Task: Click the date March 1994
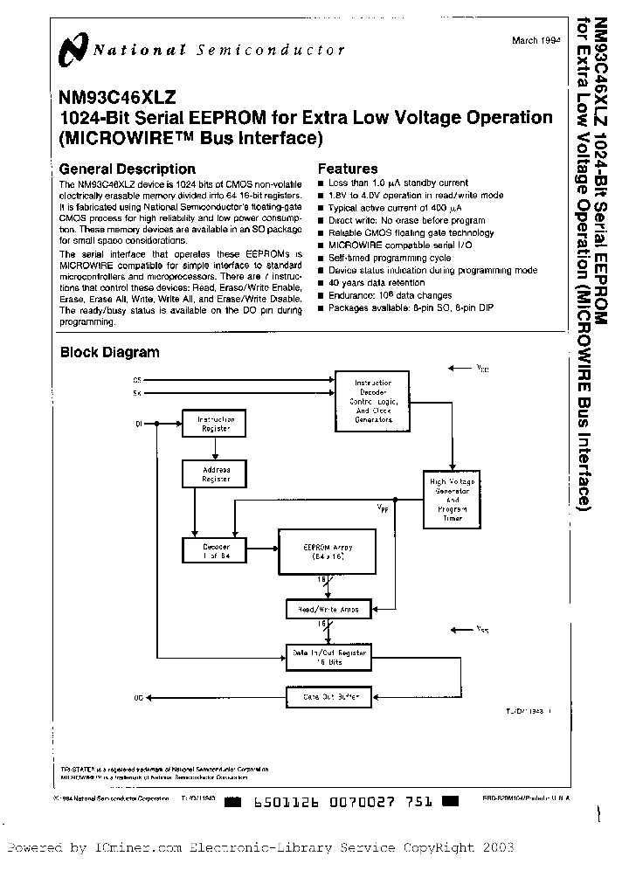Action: coord(536,41)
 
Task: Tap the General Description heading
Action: coord(127,169)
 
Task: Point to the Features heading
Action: coord(348,169)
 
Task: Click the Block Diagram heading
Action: coord(109,352)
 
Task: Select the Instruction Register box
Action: coord(214,424)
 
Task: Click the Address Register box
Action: coord(214,474)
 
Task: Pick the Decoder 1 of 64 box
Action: coord(214,550)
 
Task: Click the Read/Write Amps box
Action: coord(328,608)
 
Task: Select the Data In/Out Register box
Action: coord(328,657)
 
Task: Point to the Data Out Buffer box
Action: coord(328,697)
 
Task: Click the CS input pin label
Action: coord(136,380)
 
